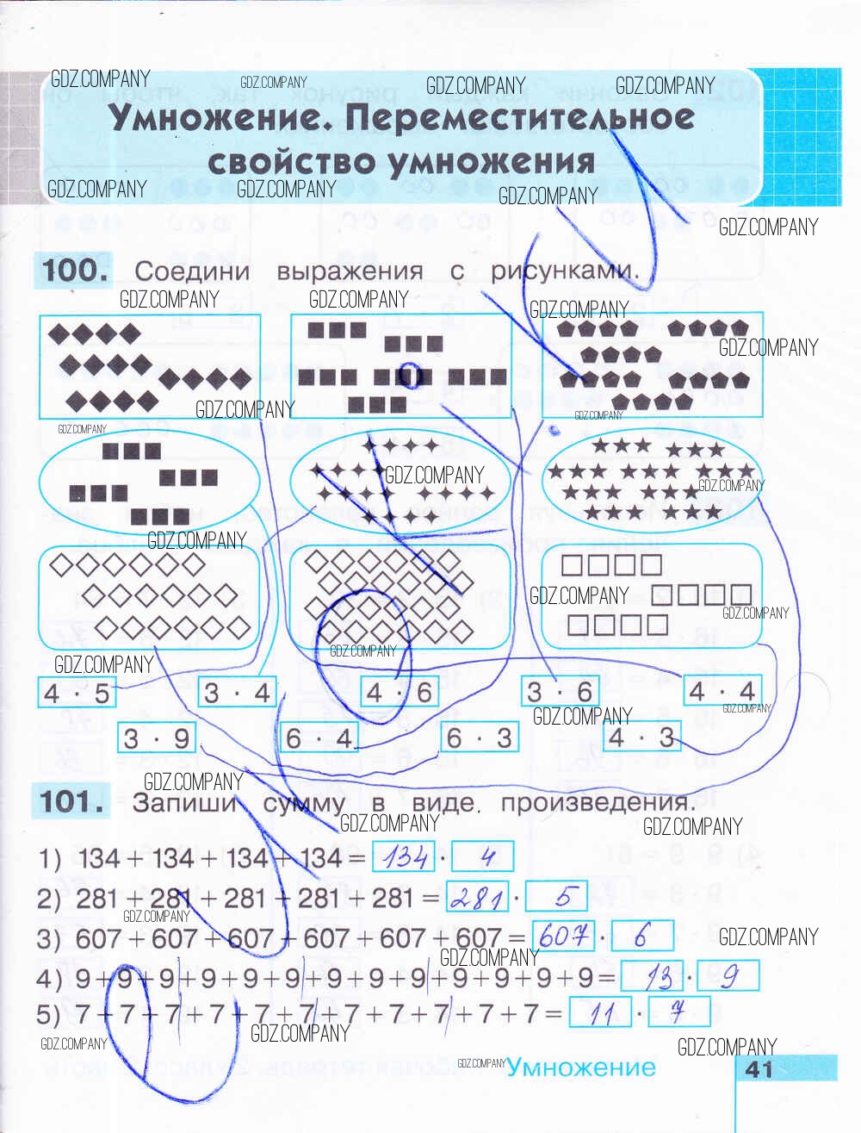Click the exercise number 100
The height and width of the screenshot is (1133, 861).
[x=76, y=271]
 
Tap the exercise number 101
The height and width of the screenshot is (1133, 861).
[x=75, y=802]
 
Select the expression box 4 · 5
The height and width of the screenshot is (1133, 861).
[x=77, y=694]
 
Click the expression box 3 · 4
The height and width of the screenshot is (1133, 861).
[x=237, y=693]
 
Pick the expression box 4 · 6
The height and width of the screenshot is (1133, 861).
[x=398, y=693]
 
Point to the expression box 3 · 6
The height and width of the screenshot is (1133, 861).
[x=560, y=692]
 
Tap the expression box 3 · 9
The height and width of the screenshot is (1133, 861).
[x=156, y=738]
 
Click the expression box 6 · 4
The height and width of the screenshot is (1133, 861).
[x=319, y=738]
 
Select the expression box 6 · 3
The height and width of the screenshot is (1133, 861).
[x=479, y=738]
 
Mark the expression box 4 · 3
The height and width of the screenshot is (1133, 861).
[x=641, y=738]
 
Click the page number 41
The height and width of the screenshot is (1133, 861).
[x=759, y=1069]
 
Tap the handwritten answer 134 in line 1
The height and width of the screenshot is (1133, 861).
[x=404, y=857]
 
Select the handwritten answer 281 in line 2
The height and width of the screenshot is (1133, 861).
[x=478, y=898]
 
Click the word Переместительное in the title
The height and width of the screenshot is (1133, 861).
[x=520, y=118]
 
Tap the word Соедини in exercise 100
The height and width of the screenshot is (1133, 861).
[x=192, y=271]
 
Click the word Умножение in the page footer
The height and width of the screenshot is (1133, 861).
[x=581, y=1068]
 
